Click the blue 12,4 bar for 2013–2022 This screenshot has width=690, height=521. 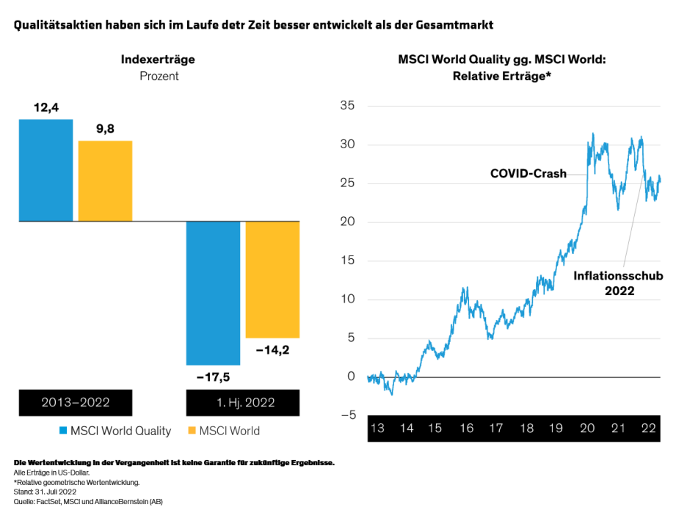tap(46, 170)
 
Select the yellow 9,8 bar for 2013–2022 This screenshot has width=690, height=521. tap(105, 181)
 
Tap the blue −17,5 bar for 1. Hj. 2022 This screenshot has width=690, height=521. tap(213, 292)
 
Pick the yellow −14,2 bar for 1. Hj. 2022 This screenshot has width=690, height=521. tap(272, 279)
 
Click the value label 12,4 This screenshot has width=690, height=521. tap(46, 108)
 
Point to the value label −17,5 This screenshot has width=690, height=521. tap(213, 377)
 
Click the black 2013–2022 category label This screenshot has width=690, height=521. tap(76, 402)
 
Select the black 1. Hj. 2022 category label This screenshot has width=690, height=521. tap(243, 402)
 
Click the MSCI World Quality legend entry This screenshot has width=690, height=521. tap(115, 431)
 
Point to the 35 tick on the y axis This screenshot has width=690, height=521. tap(347, 106)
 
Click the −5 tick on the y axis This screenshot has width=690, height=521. tap(347, 415)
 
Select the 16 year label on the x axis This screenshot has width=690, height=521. tap(467, 429)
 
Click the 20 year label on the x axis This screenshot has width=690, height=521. tap(587, 429)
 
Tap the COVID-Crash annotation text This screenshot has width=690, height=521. tap(528, 174)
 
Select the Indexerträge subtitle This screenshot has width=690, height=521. tap(158, 59)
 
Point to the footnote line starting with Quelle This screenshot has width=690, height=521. tap(88, 501)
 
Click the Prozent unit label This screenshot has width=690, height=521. tap(159, 76)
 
